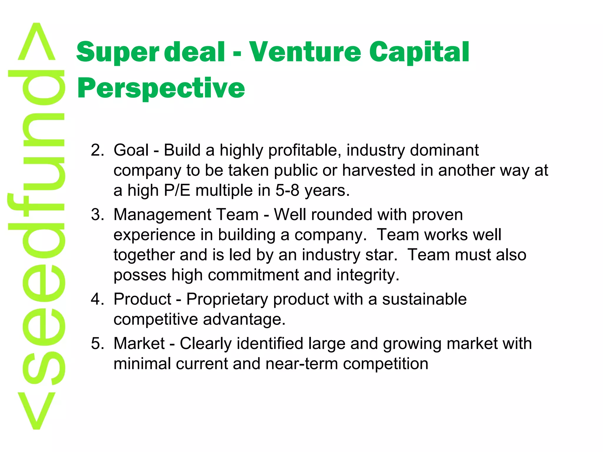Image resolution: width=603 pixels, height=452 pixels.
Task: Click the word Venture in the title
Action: click(x=305, y=52)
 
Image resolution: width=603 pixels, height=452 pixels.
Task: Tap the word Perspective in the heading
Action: click(x=161, y=88)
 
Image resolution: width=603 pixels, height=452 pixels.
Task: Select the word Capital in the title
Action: click(x=419, y=52)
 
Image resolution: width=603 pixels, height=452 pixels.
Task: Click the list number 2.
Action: click(x=97, y=150)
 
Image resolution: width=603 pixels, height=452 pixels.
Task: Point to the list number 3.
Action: click(x=97, y=215)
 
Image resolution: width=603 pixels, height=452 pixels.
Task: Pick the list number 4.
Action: click(x=97, y=299)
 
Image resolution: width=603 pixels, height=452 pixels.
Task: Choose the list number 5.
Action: click(x=97, y=343)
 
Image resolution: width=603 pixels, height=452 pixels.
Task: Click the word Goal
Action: click(x=131, y=150)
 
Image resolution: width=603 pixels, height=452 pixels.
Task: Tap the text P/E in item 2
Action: click(x=177, y=190)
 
